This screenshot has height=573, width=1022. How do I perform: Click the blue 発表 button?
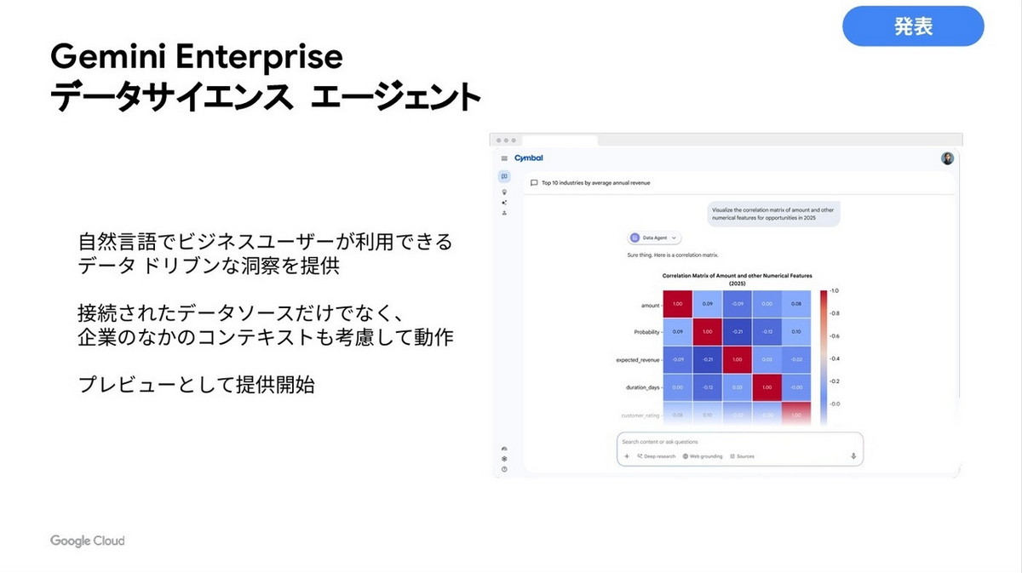point(913,26)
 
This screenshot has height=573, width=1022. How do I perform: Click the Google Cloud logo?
point(87,541)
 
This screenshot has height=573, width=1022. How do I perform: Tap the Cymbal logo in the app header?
point(528,158)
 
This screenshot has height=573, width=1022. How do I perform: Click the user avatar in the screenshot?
point(947,158)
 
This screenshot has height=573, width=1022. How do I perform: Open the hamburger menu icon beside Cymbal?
point(504,158)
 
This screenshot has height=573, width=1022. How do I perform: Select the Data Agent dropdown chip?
point(654,238)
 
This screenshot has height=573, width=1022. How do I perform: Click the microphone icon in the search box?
point(853,456)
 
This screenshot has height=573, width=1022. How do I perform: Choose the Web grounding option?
point(703,456)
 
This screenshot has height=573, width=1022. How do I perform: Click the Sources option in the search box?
point(742,456)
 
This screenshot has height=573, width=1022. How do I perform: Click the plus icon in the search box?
point(627,456)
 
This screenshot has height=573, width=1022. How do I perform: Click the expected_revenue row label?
point(639,360)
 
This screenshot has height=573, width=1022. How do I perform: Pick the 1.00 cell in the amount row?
point(678,304)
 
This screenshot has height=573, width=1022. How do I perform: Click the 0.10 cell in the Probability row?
point(795,332)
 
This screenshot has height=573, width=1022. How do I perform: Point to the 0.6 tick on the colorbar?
point(835,336)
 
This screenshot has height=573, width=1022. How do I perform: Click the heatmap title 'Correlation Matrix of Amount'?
point(738,276)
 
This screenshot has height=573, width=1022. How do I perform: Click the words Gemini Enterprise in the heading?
point(197,57)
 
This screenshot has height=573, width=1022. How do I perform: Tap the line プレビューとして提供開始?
point(197,385)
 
